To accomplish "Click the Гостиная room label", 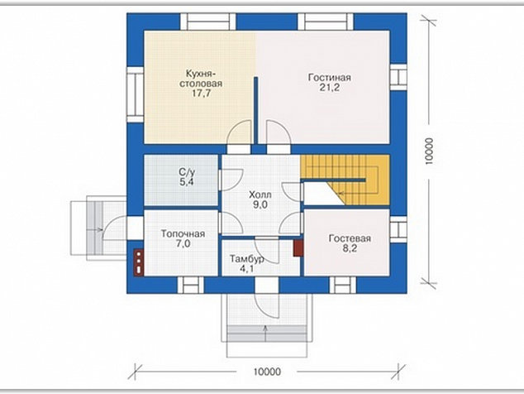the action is (330, 78).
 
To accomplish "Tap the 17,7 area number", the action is (201, 94).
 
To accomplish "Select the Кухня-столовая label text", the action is (201, 79).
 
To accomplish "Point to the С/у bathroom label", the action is (187, 172).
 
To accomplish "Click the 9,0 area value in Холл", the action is (260, 205).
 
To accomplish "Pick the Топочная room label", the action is (183, 233).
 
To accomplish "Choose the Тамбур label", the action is (246, 259).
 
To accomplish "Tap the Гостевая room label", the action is (350, 238).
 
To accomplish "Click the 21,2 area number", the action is (330, 88).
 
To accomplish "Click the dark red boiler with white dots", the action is (139, 262).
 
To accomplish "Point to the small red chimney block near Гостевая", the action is (298, 249).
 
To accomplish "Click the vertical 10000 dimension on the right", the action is (429, 151).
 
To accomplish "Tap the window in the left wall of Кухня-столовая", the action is (135, 94).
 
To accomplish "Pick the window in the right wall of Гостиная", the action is (398, 78).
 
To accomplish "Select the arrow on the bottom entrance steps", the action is (265, 333).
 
